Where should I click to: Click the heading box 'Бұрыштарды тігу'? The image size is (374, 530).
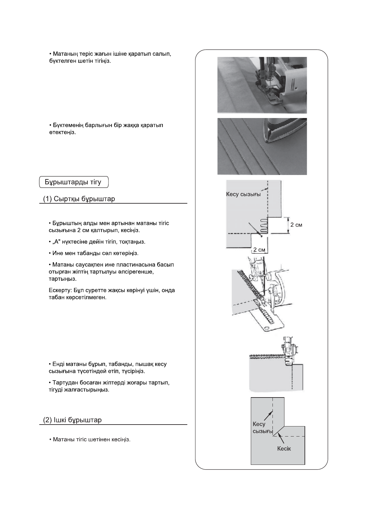tap(74, 182)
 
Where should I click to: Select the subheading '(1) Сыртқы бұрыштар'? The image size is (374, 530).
tap(79, 199)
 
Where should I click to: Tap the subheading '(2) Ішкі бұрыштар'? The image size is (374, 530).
tap(72, 420)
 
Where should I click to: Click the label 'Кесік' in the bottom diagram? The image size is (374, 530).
tap(284, 448)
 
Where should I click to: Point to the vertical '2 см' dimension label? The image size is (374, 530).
tap(296, 225)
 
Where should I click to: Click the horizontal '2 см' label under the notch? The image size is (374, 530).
tap(259, 250)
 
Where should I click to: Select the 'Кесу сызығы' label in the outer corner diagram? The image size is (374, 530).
tap(243, 194)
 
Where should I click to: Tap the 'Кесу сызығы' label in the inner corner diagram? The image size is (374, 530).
tap(262, 427)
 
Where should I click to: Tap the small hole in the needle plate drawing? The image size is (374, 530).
tap(266, 329)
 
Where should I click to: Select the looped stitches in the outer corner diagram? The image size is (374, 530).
tap(264, 226)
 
